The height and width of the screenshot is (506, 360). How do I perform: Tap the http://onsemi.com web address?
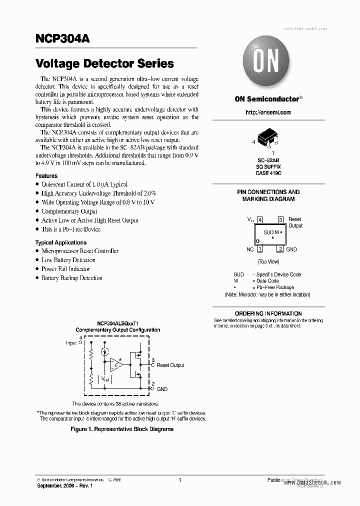click(x=268, y=112)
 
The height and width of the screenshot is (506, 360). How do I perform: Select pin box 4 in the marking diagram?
click(x=260, y=219)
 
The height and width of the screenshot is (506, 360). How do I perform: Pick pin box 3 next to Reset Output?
click(x=280, y=219)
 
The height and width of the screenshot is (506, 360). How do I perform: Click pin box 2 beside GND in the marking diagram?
click(x=280, y=249)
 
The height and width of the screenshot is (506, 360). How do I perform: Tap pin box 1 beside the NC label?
click(x=260, y=249)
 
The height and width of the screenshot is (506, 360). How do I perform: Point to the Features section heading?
click(x=46, y=176)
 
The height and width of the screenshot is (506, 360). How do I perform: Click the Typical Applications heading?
click(x=60, y=242)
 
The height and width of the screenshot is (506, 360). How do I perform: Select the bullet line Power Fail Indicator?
click(x=65, y=269)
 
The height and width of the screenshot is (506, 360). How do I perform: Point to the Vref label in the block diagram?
click(x=106, y=380)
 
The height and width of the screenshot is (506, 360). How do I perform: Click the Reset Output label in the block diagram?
click(x=170, y=365)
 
